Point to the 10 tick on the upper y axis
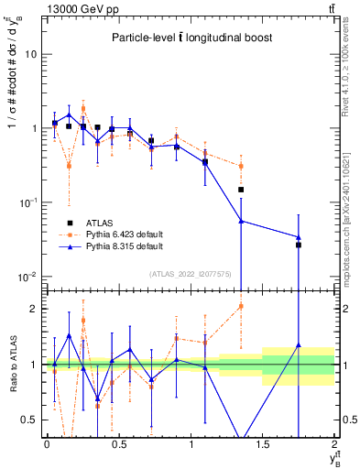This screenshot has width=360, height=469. pos(31,54)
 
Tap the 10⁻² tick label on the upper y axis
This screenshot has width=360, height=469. pos(28,277)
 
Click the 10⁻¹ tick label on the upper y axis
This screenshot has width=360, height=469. pos(28,202)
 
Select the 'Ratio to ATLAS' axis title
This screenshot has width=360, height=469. pos(12,364)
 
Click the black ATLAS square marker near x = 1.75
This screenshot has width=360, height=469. pos(299,245)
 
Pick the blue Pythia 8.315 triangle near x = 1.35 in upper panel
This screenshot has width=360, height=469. pos(241,221)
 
